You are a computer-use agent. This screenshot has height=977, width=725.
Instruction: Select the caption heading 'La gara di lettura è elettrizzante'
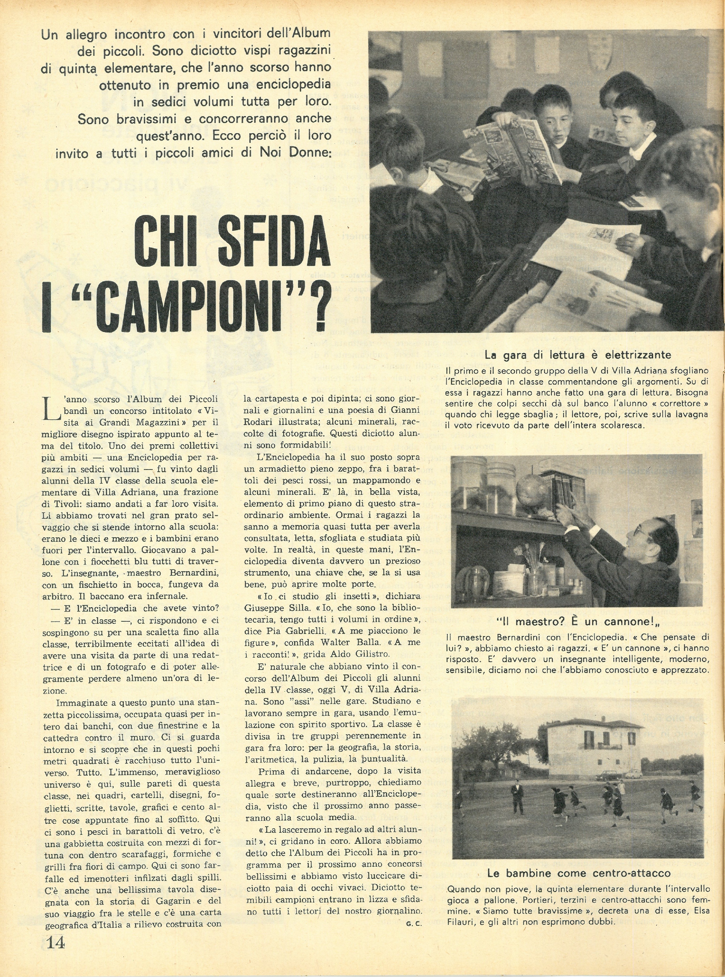577,355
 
